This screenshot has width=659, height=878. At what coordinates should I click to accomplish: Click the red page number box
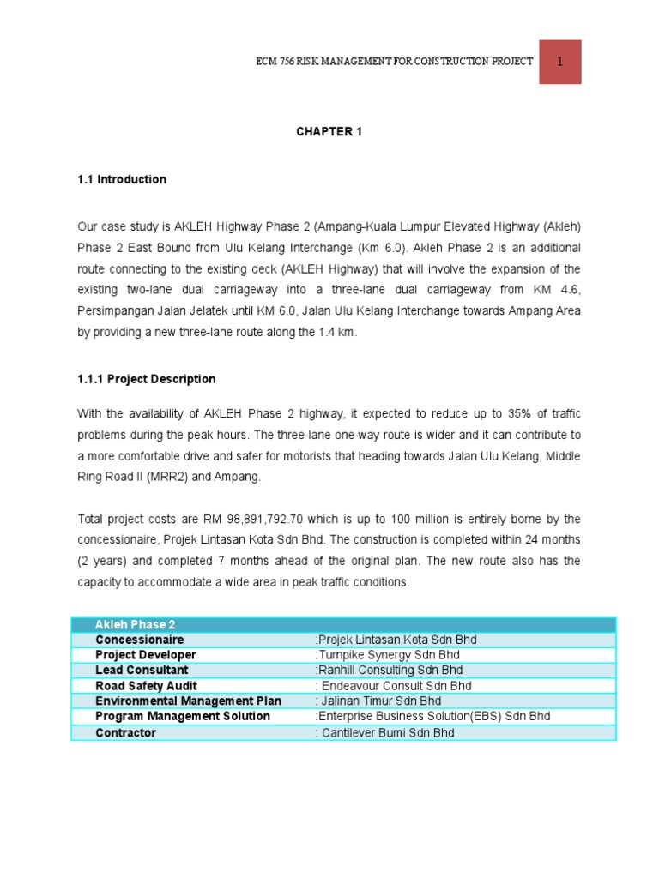[559, 61]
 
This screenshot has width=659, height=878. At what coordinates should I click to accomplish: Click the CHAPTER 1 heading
[323, 131]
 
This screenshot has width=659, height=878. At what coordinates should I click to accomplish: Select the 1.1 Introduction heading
[122, 180]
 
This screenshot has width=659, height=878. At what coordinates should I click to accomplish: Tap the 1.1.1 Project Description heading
[147, 379]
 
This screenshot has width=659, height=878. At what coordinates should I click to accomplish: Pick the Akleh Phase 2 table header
[136, 625]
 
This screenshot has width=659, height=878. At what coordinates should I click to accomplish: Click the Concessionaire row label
[140, 640]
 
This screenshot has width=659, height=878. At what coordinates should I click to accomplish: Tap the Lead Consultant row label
[142, 670]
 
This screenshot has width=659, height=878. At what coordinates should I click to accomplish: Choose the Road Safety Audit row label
[146, 686]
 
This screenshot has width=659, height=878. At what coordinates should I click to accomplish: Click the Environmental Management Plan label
[189, 701]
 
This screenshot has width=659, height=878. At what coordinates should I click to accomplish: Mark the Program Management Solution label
[183, 716]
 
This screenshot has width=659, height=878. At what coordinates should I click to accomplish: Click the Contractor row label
[126, 733]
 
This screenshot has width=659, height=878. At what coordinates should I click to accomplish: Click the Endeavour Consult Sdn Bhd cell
[392, 686]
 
